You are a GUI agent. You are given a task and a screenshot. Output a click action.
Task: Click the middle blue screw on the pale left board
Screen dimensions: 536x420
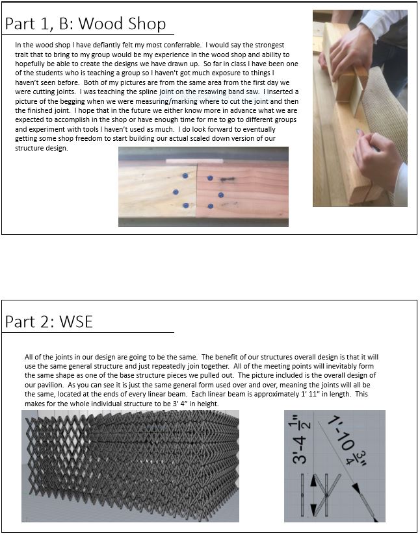176,192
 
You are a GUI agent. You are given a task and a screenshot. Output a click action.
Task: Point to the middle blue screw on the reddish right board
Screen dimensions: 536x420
221,195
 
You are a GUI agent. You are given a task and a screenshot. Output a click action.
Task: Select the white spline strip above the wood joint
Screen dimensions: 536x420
194,161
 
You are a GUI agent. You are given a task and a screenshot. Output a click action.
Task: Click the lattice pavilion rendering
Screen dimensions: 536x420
130,465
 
